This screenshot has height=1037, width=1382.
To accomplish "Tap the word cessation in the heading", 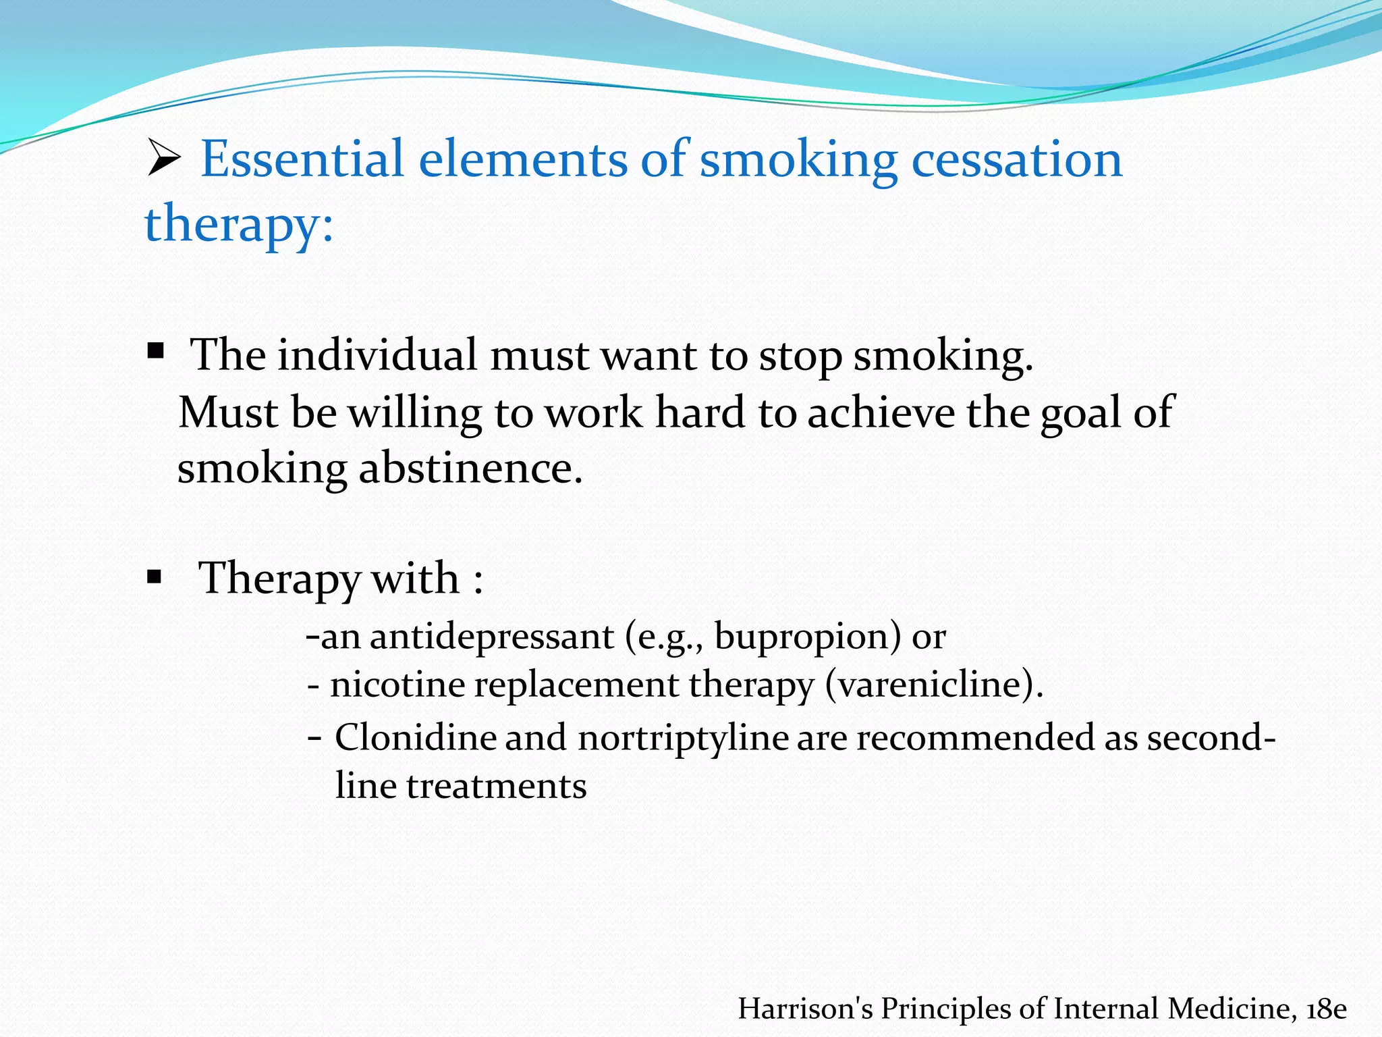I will coord(1017,159).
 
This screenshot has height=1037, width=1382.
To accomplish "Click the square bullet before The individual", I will coord(156,350).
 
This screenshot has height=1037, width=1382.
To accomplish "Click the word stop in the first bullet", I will coord(800,356).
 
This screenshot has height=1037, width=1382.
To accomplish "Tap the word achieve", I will coord(881,413).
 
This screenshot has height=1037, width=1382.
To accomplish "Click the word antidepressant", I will coord(492,637).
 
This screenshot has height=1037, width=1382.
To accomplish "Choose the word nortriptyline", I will coord(683,737).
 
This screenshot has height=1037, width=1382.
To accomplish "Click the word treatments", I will coord(497,787).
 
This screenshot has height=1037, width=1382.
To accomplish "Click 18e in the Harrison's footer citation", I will coord(1326,1009).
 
